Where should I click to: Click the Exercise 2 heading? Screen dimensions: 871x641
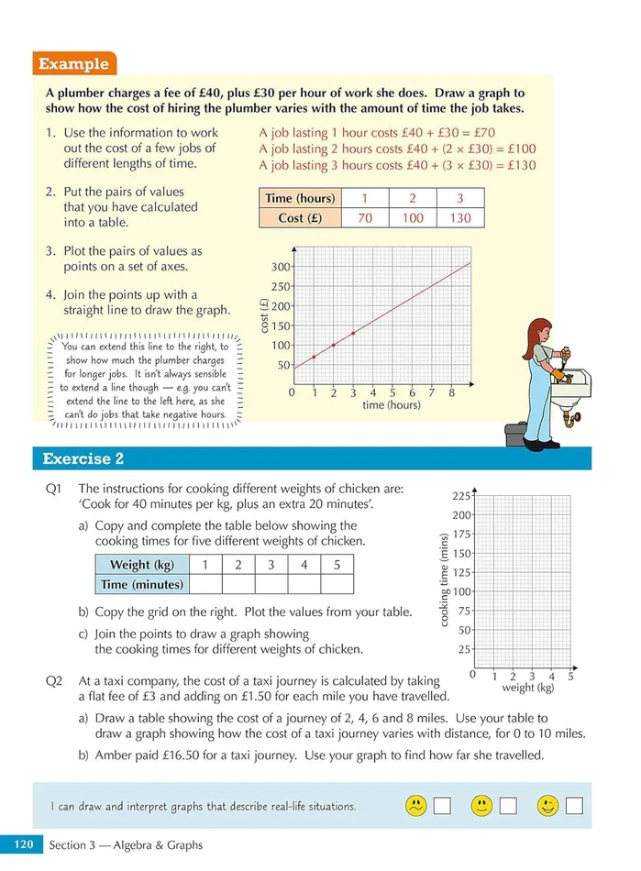[x=83, y=458]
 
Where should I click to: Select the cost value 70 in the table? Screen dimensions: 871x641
[x=364, y=217]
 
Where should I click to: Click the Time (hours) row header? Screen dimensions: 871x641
[x=300, y=198]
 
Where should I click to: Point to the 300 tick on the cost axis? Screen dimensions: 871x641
[x=280, y=267]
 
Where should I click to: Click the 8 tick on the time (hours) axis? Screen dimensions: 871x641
[x=452, y=392]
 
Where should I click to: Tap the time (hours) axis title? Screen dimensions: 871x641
[x=392, y=404]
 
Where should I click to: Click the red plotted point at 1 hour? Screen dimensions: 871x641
[x=314, y=357]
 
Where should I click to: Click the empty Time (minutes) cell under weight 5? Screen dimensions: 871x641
[x=337, y=584]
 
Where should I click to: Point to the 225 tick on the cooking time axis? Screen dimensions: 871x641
[x=461, y=495]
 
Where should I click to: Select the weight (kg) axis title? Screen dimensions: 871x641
[x=527, y=688]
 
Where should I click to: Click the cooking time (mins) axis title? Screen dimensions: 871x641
[x=444, y=580]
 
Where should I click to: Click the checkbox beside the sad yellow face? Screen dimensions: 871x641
[x=443, y=807]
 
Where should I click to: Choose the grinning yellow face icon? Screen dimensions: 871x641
[x=548, y=806]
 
